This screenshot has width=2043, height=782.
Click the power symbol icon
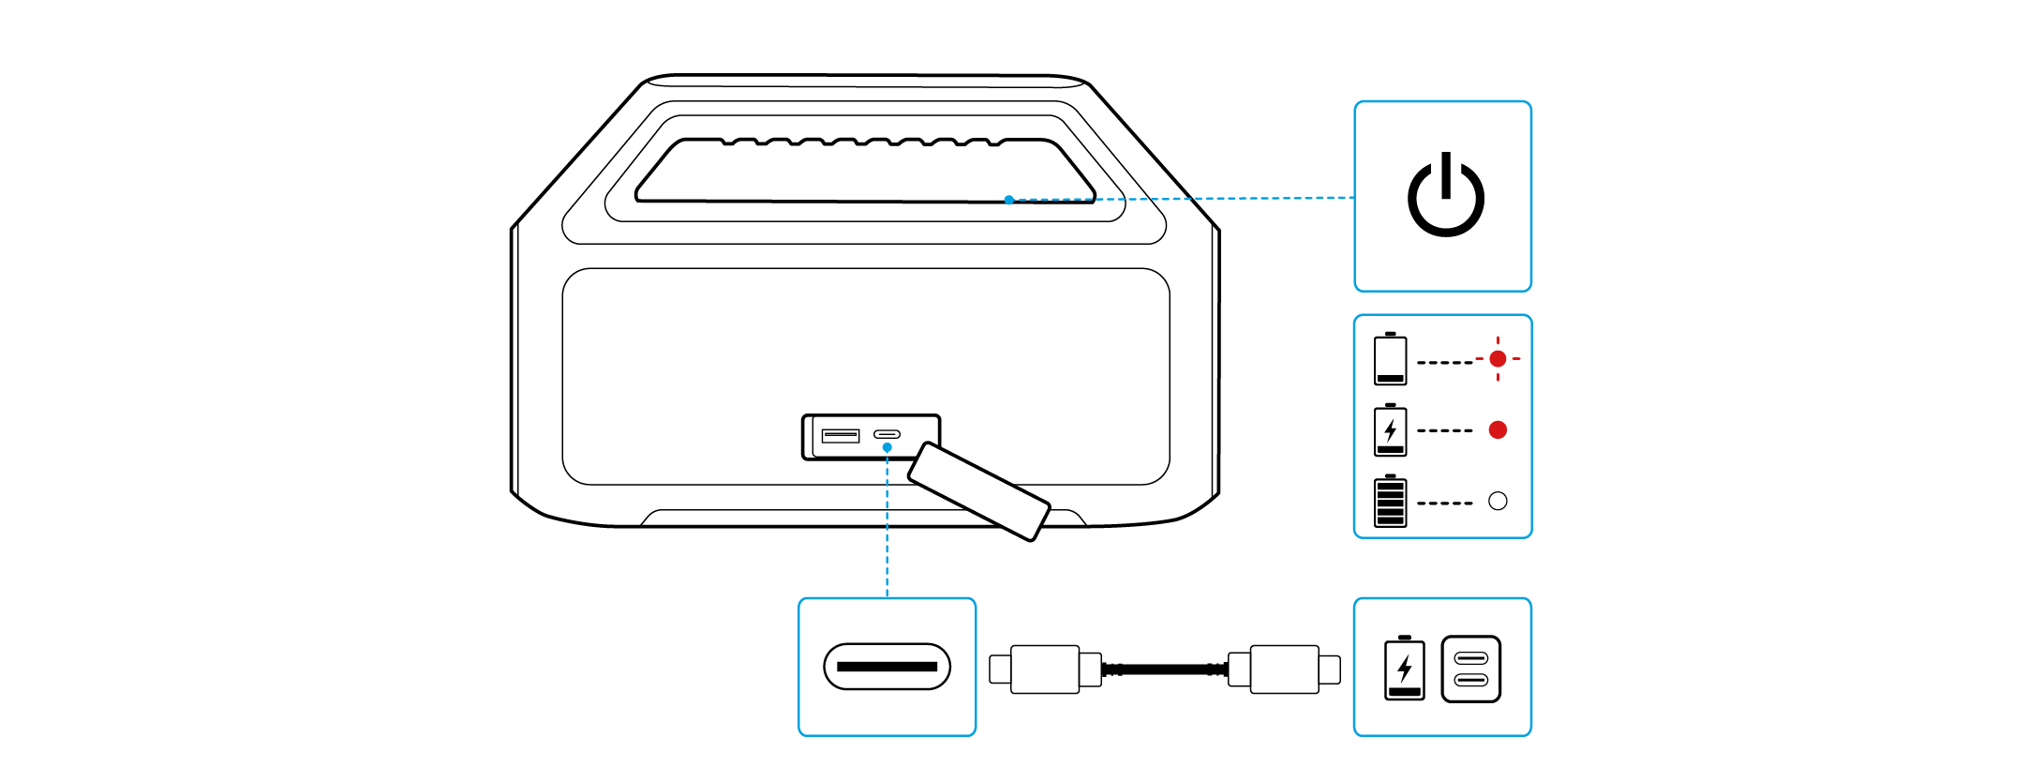[x=1445, y=196]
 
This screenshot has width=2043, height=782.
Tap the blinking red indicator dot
[x=1498, y=358]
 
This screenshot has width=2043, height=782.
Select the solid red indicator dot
[x=1498, y=429]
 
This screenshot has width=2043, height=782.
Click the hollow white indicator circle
[x=1498, y=501]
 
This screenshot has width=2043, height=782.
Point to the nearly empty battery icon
[x=1390, y=358]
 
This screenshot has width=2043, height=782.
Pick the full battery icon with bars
[x=1390, y=501]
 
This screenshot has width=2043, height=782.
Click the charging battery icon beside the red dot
[x=1390, y=429]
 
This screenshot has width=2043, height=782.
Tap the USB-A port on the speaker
[x=840, y=435]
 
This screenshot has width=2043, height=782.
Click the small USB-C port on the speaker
[x=887, y=434]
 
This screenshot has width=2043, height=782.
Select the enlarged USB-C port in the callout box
[x=887, y=667]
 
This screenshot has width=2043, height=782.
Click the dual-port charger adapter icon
[x=1470, y=669]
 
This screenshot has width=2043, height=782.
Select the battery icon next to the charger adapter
[x=1404, y=669]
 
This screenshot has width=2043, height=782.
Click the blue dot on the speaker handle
[x=1008, y=200]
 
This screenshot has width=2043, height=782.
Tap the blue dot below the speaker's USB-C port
[x=887, y=448]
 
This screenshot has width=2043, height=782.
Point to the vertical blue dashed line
[x=887, y=525]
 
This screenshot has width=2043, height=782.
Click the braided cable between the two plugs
[x=1164, y=669]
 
